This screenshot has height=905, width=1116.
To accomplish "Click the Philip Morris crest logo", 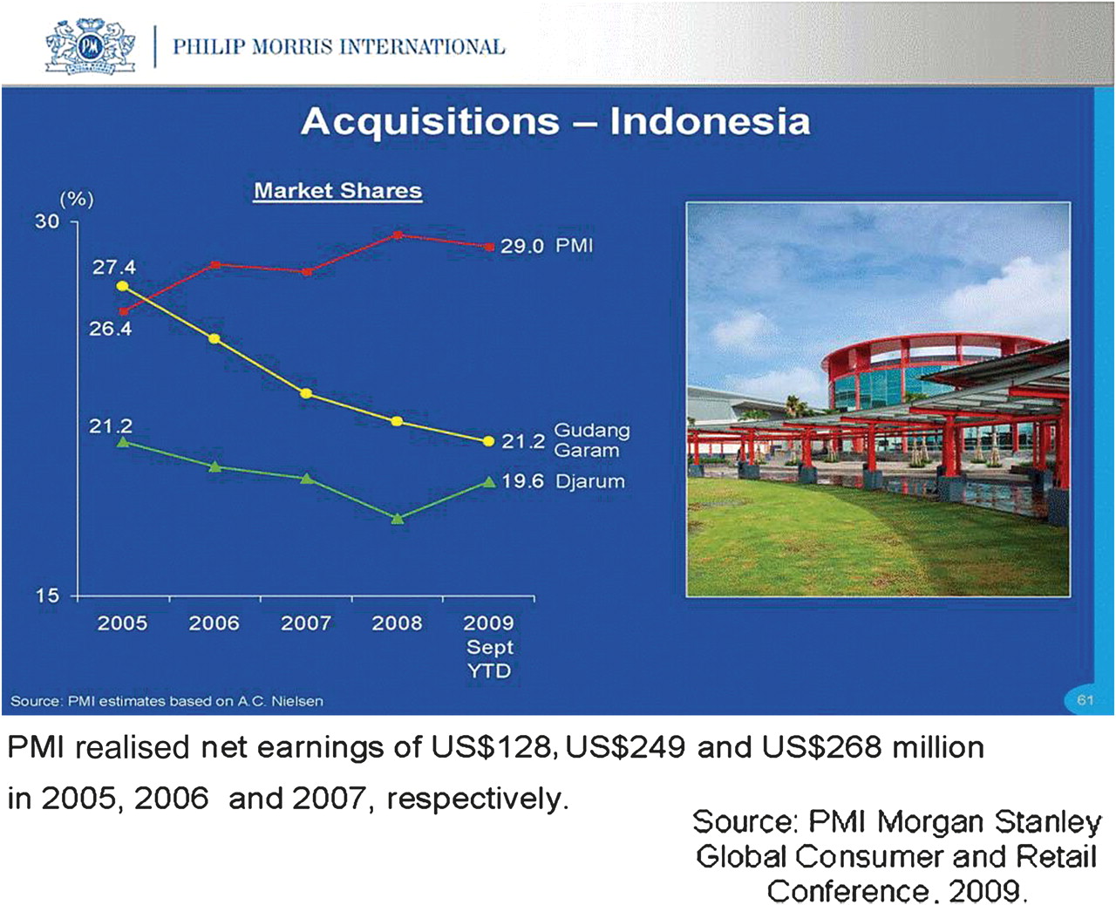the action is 90,46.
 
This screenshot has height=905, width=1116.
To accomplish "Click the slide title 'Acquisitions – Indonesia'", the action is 555,121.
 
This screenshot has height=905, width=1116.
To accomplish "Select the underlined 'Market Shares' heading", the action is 338,190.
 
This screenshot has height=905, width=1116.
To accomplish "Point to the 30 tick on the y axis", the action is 47,221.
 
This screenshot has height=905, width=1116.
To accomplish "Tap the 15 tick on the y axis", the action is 47,595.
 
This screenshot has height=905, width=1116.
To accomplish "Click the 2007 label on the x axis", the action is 306,623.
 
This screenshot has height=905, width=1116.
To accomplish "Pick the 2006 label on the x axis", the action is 214,623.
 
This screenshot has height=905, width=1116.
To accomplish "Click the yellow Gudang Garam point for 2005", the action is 123,286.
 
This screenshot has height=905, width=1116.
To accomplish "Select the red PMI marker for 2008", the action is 398,235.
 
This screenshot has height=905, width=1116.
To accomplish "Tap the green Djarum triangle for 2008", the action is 398,519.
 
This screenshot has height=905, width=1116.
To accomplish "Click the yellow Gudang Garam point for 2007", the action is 307,393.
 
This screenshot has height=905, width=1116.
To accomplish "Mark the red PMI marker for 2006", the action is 214,265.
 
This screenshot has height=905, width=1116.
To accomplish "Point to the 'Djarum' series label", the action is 590,481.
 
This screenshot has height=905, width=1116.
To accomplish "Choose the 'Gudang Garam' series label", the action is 592,440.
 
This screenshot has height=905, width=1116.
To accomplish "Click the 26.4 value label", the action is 110,329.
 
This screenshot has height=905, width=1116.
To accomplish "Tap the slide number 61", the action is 1085,700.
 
